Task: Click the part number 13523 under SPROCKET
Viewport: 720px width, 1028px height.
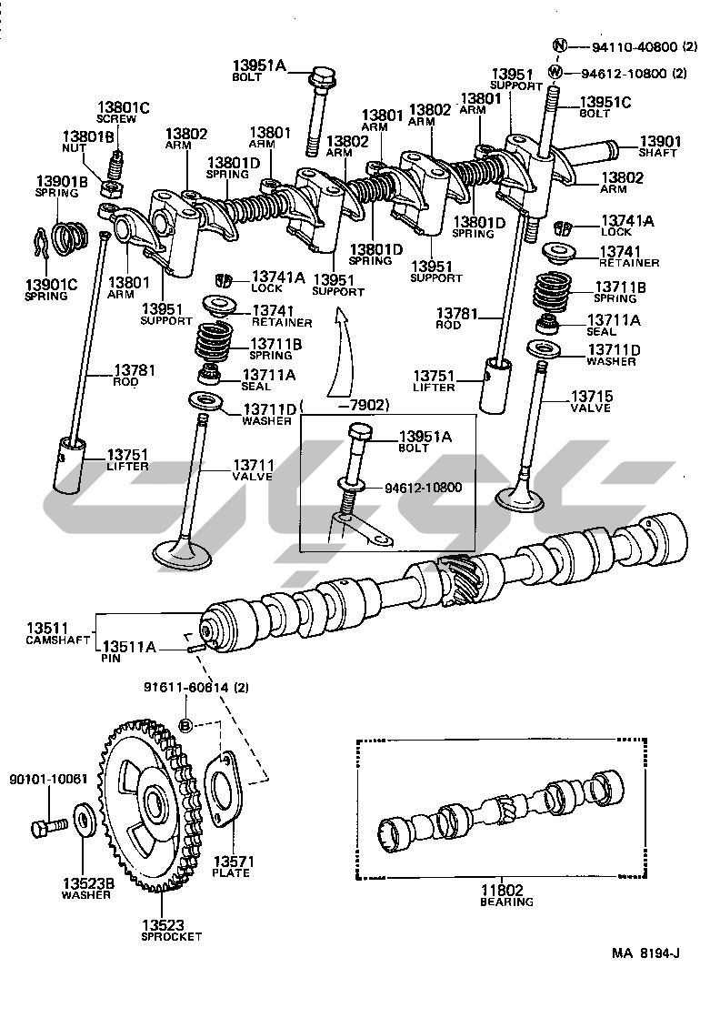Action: [x=163, y=925]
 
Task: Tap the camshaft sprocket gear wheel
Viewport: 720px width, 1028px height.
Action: [x=151, y=805]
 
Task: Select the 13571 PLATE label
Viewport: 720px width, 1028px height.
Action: [x=234, y=867]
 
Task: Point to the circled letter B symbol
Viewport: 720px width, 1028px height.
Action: [x=186, y=724]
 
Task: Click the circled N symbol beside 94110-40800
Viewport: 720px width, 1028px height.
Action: [x=559, y=45]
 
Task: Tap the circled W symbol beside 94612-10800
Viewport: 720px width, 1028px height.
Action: [x=555, y=72]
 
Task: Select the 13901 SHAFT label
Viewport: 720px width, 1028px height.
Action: [x=660, y=146]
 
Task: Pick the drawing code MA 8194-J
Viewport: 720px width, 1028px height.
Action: [x=646, y=953]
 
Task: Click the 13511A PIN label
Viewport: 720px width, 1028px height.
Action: [x=128, y=651]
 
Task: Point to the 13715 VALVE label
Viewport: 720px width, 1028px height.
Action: [x=592, y=401]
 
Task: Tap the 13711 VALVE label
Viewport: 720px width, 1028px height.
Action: [x=253, y=470]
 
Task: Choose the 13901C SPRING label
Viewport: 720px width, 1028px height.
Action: [x=51, y=290]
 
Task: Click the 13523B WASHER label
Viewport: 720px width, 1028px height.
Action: [x=88, y=888]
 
